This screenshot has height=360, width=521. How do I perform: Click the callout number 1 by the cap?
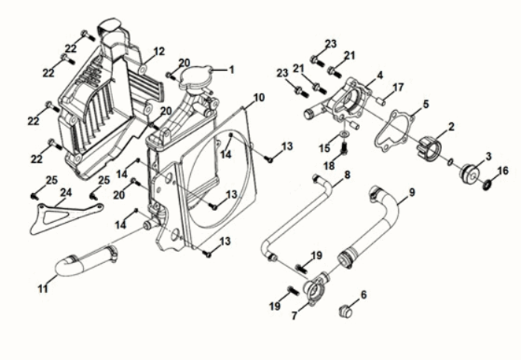(x=231, y=70)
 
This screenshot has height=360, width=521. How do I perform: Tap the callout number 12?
(x=158, y=51)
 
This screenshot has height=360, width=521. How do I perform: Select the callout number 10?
(x=259, y=98)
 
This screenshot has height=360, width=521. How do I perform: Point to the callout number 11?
(x=43, y=288)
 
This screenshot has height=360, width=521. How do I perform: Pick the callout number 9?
(x=412, y=192)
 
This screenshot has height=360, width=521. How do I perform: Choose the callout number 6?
(x=363, y=295)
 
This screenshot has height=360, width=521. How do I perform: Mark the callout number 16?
(x=503, y=171)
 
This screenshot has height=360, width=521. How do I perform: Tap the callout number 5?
(x=426, y=104)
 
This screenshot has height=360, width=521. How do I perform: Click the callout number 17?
(x=398, y=88)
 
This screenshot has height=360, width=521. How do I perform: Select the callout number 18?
(x=329, y=165)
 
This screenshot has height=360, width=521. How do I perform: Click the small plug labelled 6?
(x=345, y=312)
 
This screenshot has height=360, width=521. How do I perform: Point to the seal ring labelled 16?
(x=487, y=184)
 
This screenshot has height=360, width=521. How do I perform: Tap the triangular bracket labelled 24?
(x=66, y=218)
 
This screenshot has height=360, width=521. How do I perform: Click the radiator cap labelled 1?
(x=196, y=78)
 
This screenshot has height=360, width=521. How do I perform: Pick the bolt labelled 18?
(x=344, y=148)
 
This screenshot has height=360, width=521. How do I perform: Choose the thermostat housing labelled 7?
(x=314, y=288)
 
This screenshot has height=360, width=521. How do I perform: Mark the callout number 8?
(x=347, y=174)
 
